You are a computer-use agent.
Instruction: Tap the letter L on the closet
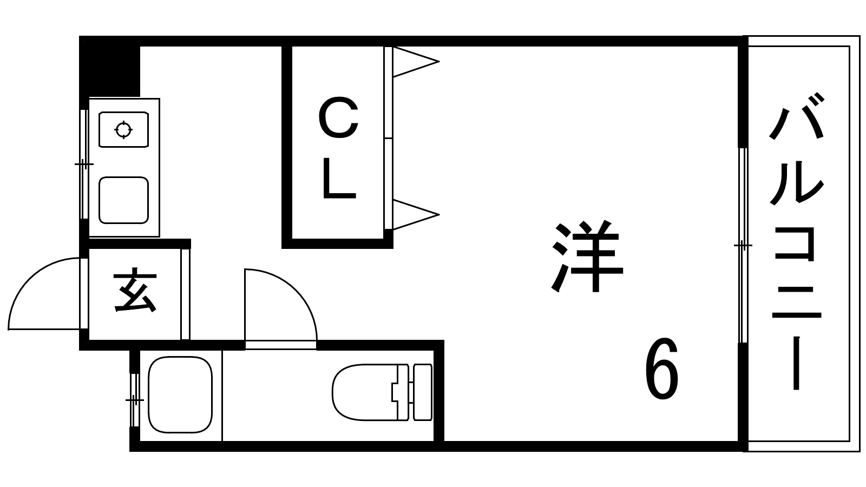(x=338, y=180)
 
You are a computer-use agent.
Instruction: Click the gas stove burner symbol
(x=123, y=129)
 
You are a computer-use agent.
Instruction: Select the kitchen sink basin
(x=123, y=200)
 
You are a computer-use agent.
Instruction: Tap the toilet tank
(x=423, y=392)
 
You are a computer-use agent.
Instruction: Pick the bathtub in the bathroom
(x=180, y=394)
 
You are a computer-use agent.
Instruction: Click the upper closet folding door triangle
(x=414, y=62)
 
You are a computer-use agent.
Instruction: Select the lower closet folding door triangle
(x=414, y=214)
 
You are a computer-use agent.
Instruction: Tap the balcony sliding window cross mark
(x=743, y=246)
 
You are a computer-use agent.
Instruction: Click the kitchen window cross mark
(x=83, y=164)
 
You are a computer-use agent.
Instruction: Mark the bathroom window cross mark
(x=134, y=400)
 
